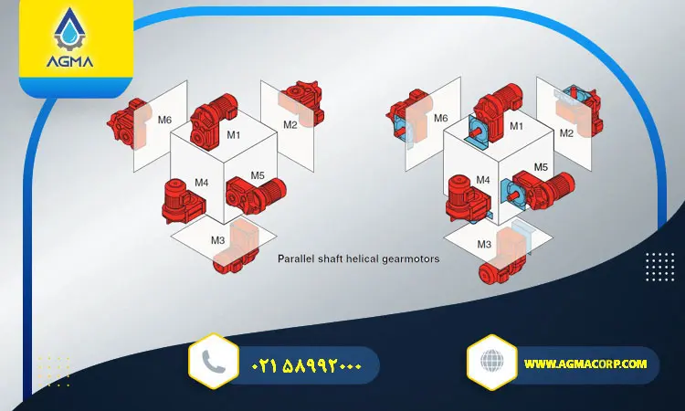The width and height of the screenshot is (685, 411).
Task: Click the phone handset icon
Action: click(x=214, y=363)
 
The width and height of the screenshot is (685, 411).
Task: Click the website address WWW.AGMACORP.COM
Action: click(x=585, y=364)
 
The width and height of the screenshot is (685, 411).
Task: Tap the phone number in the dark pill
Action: click(x=307, y=365)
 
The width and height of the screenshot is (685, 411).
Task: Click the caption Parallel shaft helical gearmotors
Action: click(x=358, y=258)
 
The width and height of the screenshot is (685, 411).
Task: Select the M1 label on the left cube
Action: click(x=233, y=135)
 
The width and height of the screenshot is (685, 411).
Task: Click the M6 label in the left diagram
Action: click(x=165, y=120)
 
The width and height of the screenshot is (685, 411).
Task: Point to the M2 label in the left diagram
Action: click(x=289, y=124)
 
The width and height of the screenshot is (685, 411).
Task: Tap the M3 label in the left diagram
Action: click(x=217, y=240)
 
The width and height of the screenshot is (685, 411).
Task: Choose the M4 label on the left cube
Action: click(x=201, y=182)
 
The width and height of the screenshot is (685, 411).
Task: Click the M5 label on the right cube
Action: click(x=541, y=167)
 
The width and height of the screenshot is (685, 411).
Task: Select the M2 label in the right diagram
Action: click(x=566, y=133)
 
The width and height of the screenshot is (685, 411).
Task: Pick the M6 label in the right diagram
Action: click(x=440, y=119)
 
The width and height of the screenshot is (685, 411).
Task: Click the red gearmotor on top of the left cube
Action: click(x=215, y=115)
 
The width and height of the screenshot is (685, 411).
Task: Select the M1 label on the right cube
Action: click(x=516, y=126)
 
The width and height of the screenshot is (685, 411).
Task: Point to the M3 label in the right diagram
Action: click(x=484, y=244)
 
